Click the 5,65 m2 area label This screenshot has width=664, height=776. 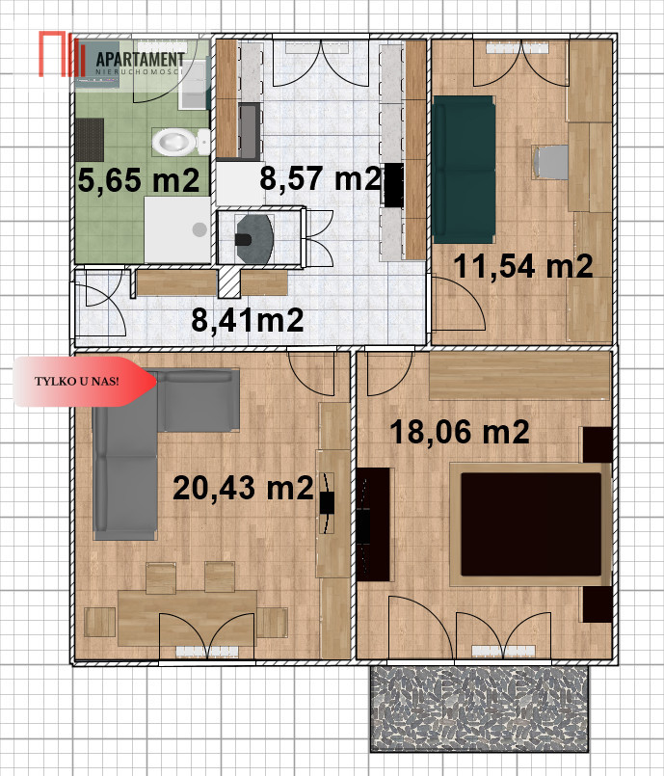pos(138,180)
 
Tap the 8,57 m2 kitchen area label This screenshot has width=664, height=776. pos(321,178)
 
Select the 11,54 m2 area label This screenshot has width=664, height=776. pos(523,266)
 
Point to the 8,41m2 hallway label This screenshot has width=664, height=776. pos(248,320)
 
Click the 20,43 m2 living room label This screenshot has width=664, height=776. pos(243,488)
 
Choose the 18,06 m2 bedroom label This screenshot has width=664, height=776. pos(460,432)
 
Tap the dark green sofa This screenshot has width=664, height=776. pos(464,170)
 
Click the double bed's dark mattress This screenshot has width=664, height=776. pos(531,524)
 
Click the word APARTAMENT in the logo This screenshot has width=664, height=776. pos(140,60)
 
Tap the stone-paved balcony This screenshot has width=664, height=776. pos(479,708)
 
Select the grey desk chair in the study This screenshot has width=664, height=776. pos(550,162)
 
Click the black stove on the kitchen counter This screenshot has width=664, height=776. pos(394,185)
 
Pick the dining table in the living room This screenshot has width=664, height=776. pos(188,618)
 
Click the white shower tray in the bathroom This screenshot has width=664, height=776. pos(177,229)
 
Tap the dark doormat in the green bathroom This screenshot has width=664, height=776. pos(90,140)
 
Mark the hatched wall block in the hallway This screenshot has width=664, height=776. pos(229,282)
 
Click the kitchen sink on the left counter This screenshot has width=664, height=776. pos(250,131)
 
